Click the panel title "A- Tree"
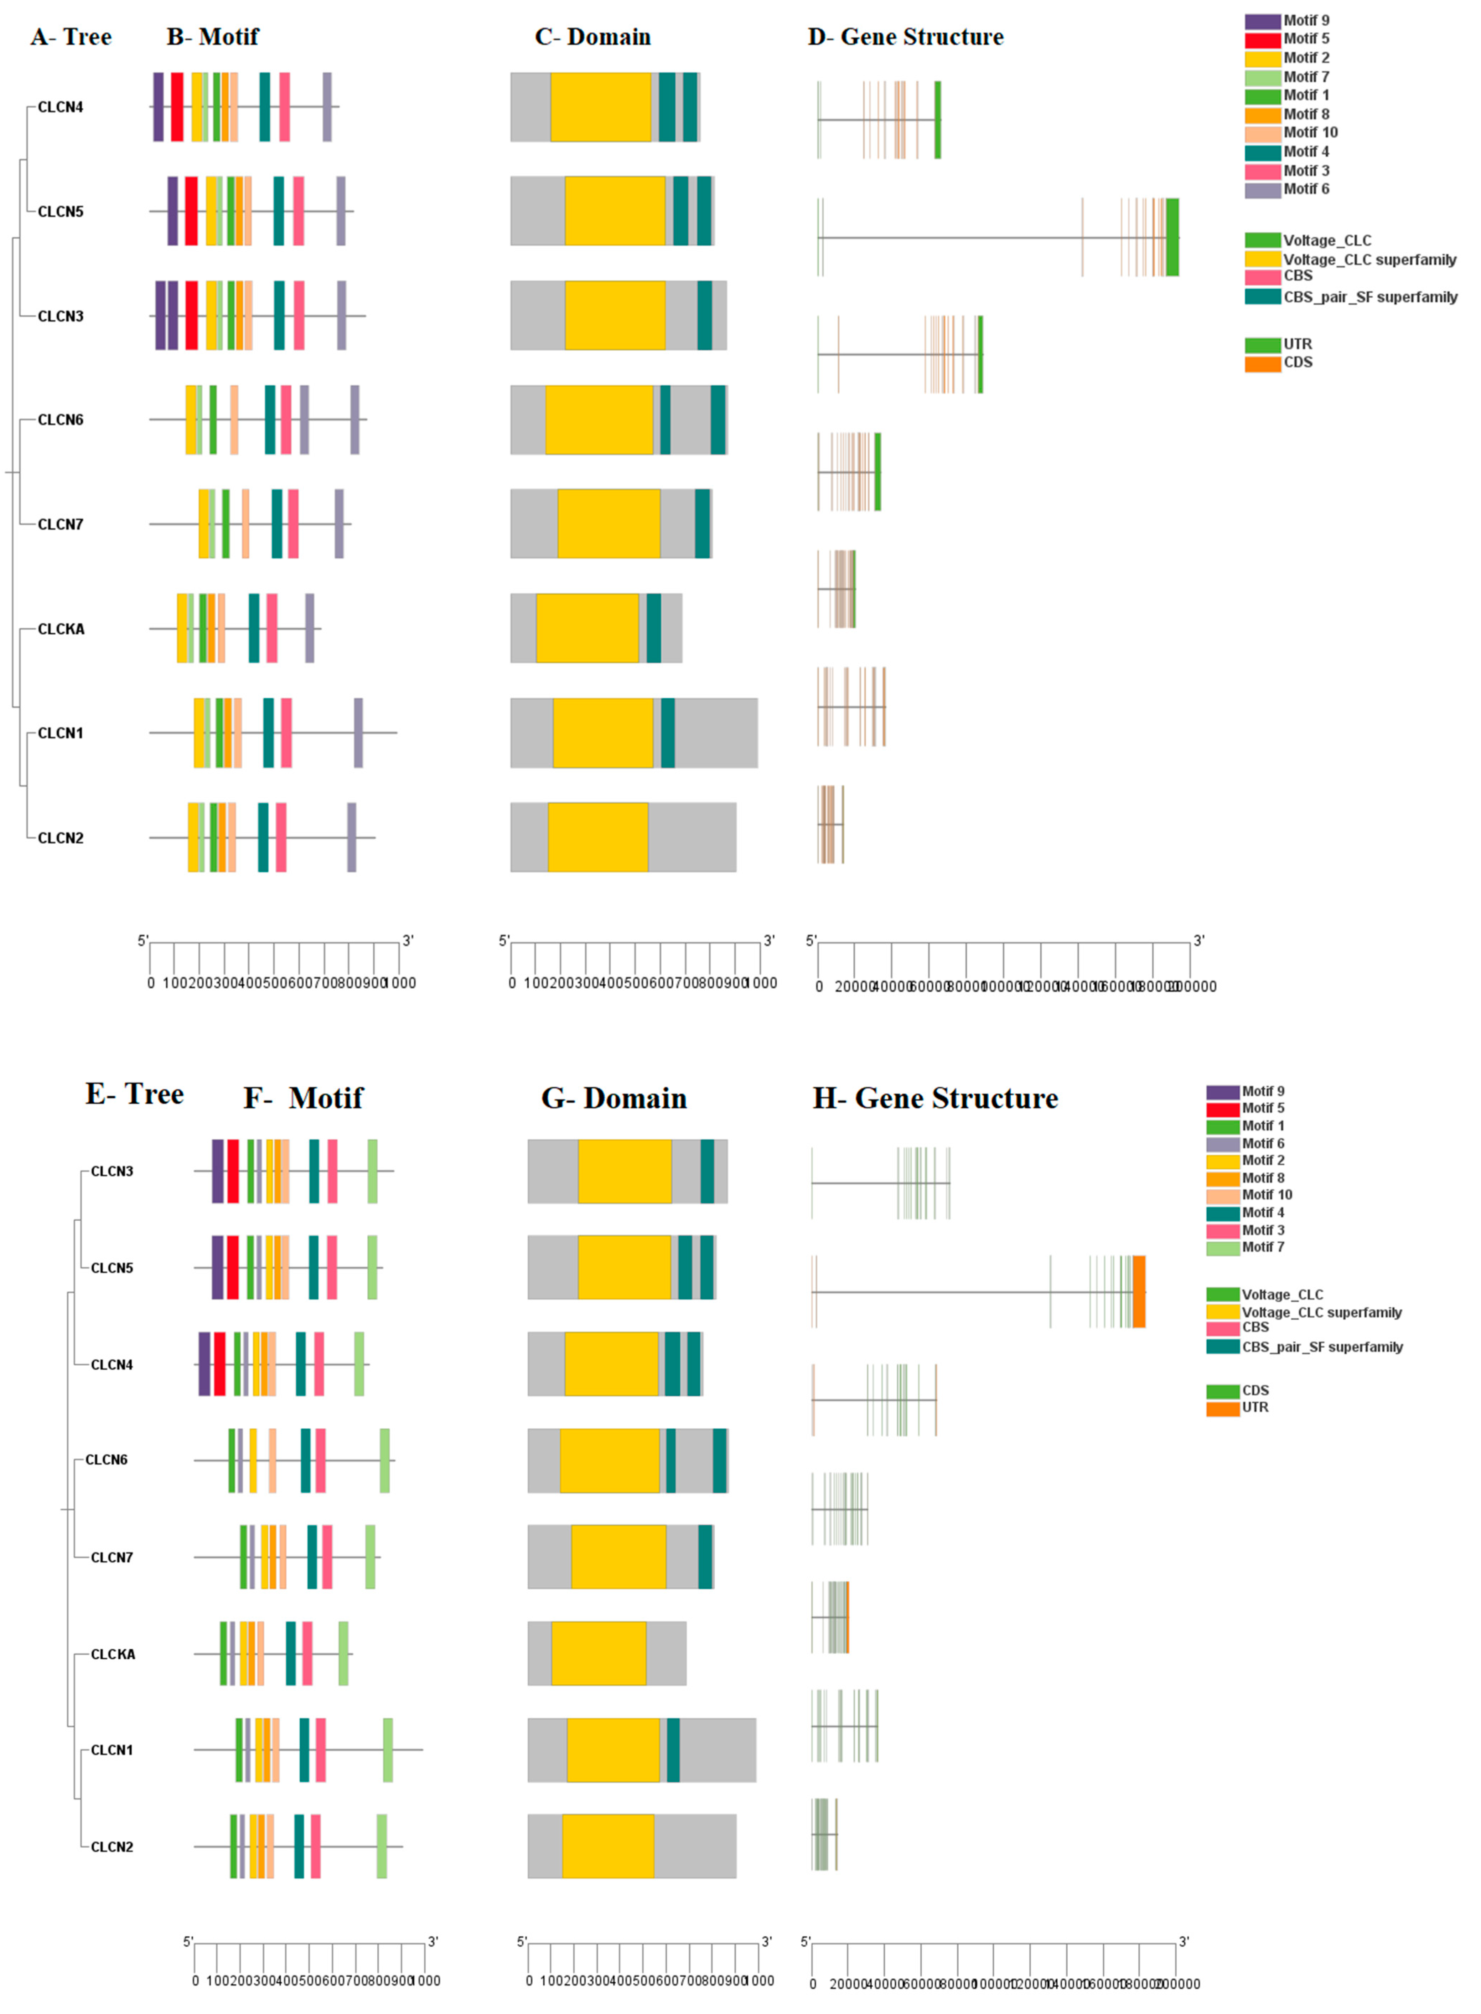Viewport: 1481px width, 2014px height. click(71, 37)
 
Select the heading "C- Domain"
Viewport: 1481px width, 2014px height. click(592, 37)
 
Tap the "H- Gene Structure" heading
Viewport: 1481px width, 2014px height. click(935, 1098)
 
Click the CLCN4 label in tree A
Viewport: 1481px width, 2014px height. click(60, 107)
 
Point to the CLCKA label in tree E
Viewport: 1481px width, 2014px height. click(113, 1654)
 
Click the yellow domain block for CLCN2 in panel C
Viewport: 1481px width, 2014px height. click(598, 836)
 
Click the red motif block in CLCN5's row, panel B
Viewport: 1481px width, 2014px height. click(191, 211)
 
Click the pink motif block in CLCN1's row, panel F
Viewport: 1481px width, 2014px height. click(320, 1750)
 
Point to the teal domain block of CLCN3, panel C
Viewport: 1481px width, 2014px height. click(705, 315)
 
